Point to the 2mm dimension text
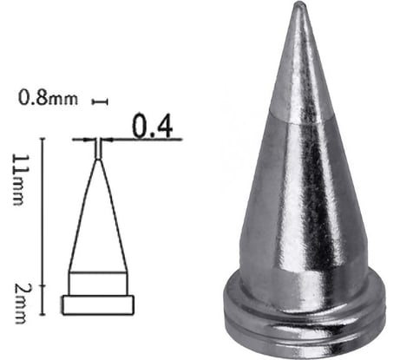click(x=18, y=291)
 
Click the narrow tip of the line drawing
click(x=98, y=149)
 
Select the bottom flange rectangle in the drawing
click(x=98, y=304)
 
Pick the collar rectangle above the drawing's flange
click(x=98, y=284)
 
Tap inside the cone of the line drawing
click(x=98, y=226)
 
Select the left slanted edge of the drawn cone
click(x=82, y=217)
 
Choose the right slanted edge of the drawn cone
click(x=114, y=217)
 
